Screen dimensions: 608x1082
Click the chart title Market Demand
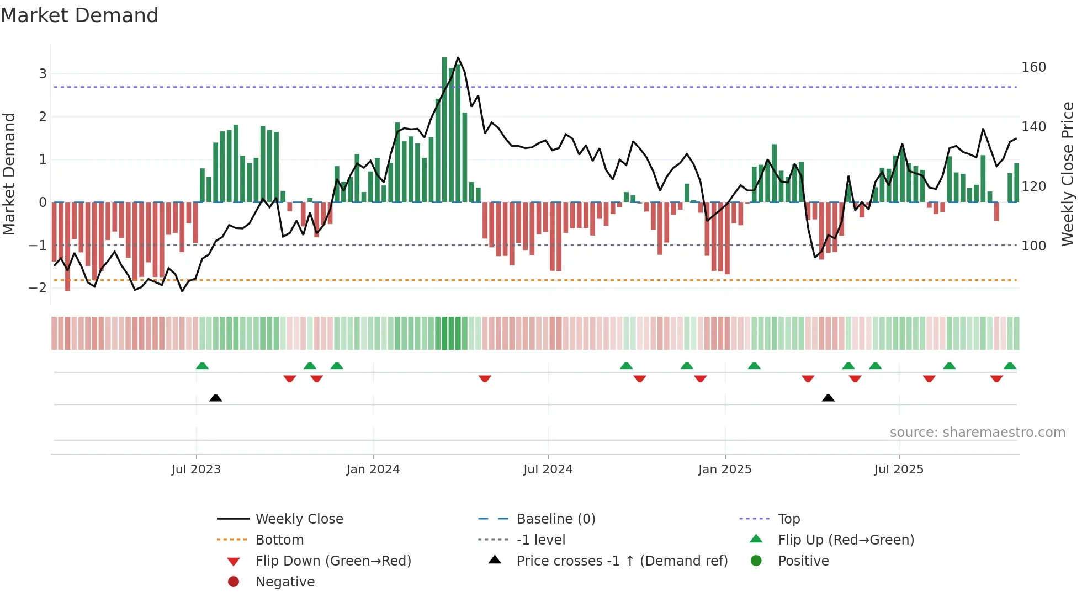pos(79,15)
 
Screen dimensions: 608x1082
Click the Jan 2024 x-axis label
pos(373,470)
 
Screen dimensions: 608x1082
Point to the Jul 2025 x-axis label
pos(898,470)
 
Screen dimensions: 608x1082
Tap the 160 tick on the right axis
pos(1033,67)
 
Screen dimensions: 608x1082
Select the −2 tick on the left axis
pos(38,287)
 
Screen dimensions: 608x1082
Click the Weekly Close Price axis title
pos(1068,173)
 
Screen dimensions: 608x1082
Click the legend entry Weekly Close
pos(299,519)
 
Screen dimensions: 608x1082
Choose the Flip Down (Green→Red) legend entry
pos(333,561)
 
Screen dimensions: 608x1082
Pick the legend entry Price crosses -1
pos(622,561)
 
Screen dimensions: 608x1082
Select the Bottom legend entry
pos(279,540)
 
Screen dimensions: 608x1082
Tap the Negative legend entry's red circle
pos(234,582)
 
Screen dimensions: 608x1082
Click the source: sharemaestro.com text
pos(977,433)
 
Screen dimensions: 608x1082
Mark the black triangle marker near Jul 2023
pos(216,398)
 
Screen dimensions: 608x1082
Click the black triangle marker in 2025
pos(828,398)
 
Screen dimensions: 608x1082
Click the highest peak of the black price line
pos(458,57)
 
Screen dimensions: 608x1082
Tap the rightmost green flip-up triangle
pos(1010,366)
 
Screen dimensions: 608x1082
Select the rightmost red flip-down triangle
pos(996,378)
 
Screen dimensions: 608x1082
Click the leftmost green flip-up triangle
pos(202,366)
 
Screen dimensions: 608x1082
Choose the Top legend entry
pos(788,519)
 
